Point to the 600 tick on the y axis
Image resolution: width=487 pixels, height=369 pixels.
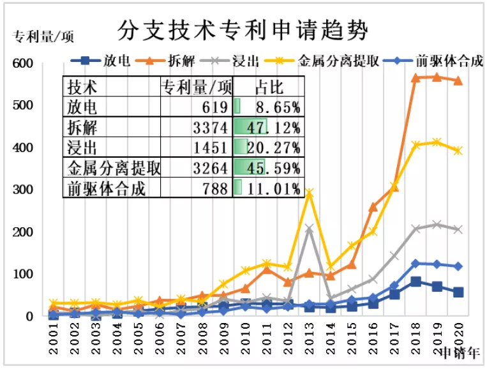22,63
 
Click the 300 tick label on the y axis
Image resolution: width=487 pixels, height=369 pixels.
22,190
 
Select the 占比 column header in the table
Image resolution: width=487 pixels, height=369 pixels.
269,87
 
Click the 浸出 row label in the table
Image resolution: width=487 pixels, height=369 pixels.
82,147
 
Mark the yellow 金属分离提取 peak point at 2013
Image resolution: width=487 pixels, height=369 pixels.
310,192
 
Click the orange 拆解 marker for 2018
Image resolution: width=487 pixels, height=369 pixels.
416,78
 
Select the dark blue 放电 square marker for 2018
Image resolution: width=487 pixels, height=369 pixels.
416,282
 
